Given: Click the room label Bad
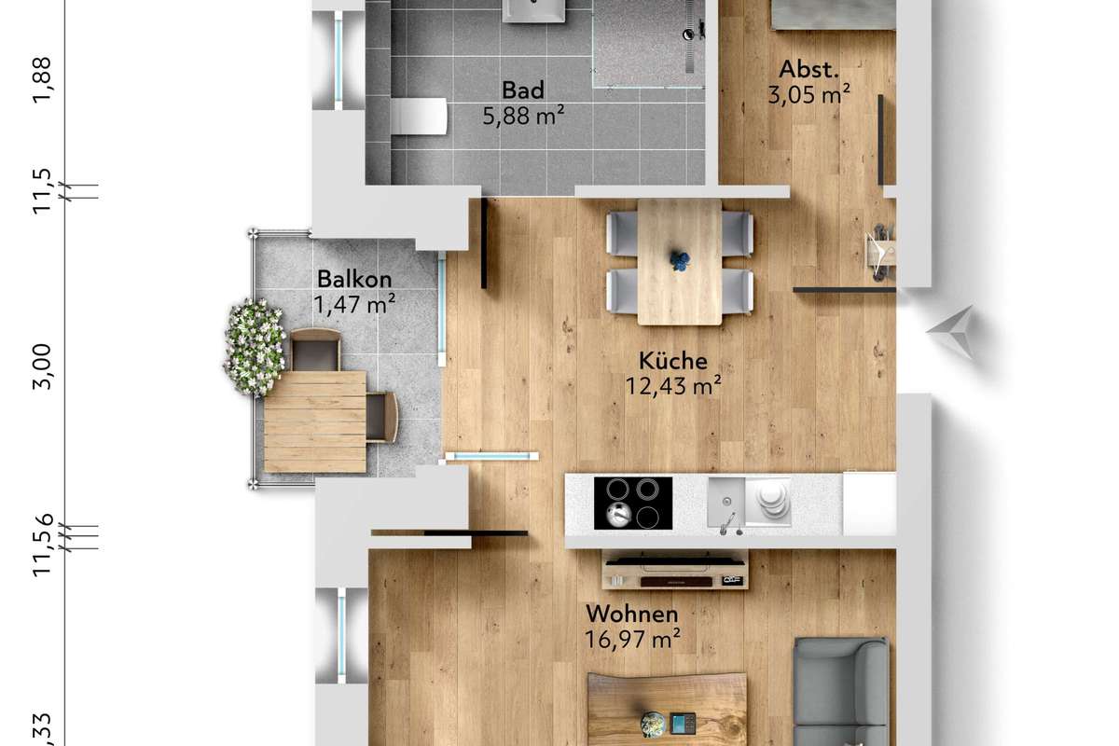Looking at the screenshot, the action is (523, 90).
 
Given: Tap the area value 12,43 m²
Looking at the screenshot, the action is (673, 386).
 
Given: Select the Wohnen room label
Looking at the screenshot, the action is (632, 615).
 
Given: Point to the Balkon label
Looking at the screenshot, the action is (354, 280).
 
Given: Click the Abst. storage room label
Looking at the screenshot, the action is (808, 69).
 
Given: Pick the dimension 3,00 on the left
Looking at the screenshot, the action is (42, 366).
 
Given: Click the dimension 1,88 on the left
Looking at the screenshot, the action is (42, 80).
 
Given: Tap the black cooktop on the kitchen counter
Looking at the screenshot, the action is (633, 503).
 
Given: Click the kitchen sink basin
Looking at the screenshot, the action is (726, 502).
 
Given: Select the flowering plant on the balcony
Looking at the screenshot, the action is (255, 347).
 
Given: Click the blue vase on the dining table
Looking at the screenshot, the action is (680, 260).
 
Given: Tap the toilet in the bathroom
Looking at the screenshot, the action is (419, 116).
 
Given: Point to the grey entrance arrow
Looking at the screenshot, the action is (953, 331).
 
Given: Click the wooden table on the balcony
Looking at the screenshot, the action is (315, 421).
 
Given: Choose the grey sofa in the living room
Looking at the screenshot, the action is (842, 692).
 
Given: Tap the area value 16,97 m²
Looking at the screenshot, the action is (632, 639).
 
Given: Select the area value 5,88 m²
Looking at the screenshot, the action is (523, 116).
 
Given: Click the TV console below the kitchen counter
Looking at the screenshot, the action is (675, 570).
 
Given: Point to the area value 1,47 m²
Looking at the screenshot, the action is (354, 304).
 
